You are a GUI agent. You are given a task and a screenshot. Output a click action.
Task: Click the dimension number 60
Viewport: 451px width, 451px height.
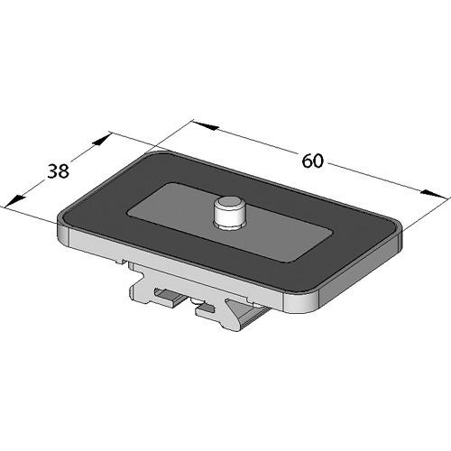(312, 161)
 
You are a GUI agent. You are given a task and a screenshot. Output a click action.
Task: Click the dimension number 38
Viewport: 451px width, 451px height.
(58, 171)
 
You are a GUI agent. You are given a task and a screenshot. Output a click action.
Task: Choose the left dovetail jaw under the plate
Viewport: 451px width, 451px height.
(153, 289)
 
